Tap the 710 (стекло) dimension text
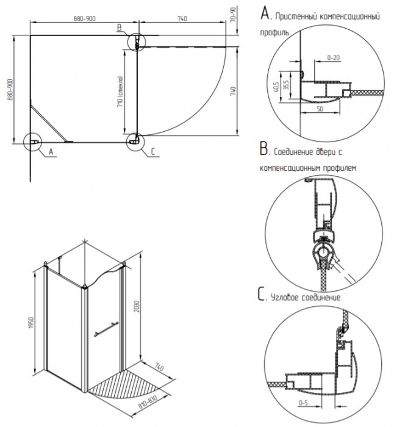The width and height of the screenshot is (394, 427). click(123, 91)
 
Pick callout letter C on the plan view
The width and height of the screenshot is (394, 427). click(152, 151)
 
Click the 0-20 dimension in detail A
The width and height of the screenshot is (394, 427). click(333, 57)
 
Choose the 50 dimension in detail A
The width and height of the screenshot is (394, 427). click(320, 110)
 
